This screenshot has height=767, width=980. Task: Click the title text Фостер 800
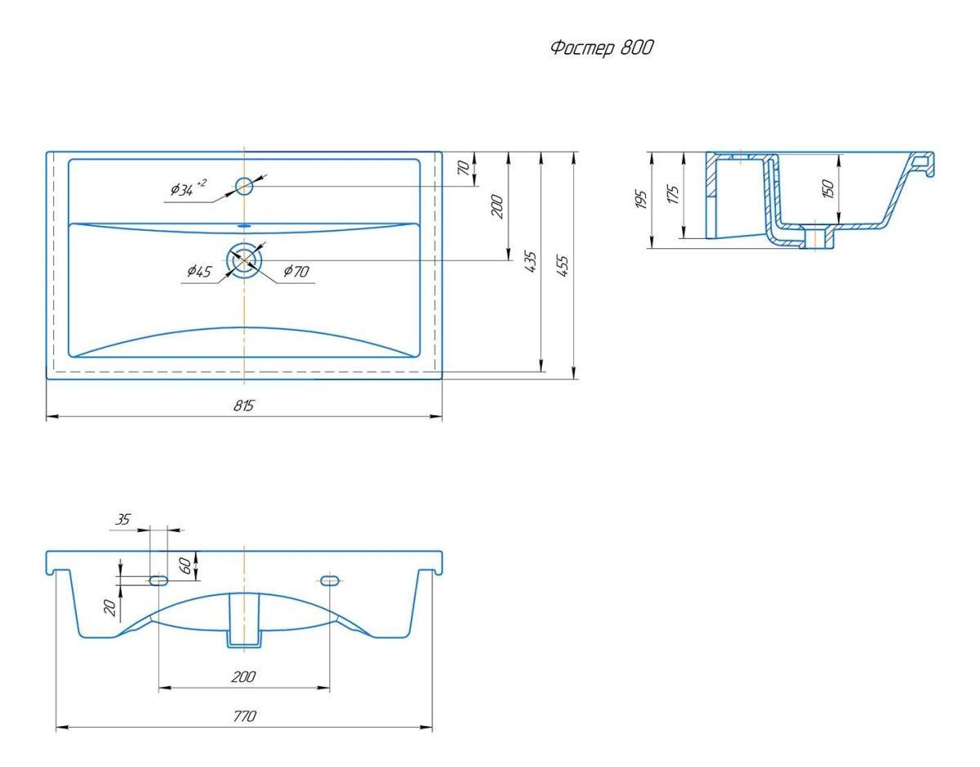click(x=602, y=47)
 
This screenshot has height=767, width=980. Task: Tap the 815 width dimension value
click(x=244, y=406)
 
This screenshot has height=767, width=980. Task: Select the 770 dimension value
click(x=244, y=716)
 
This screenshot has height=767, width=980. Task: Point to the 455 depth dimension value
click(x=563, y=265)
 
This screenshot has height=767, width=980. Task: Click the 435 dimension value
click(x=532, y=261)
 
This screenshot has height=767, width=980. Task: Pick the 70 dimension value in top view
click(x=464, y=167)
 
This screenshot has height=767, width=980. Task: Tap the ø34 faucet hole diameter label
click(x=189, y=188)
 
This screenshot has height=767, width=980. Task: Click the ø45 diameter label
click(x=199, y=271)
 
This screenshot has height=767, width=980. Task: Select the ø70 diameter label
click(x=296, y=271)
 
